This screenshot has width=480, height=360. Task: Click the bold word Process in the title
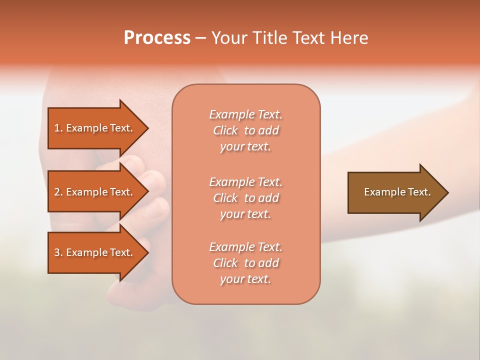pos(157,38)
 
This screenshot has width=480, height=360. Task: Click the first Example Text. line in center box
pos(245,114)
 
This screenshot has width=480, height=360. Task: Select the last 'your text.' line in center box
pos(245,279)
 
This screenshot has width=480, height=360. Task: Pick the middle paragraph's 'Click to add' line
pos(245,198)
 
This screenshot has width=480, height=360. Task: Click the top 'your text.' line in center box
pos(245,146)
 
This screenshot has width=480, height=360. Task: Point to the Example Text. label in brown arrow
pos(397,192)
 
